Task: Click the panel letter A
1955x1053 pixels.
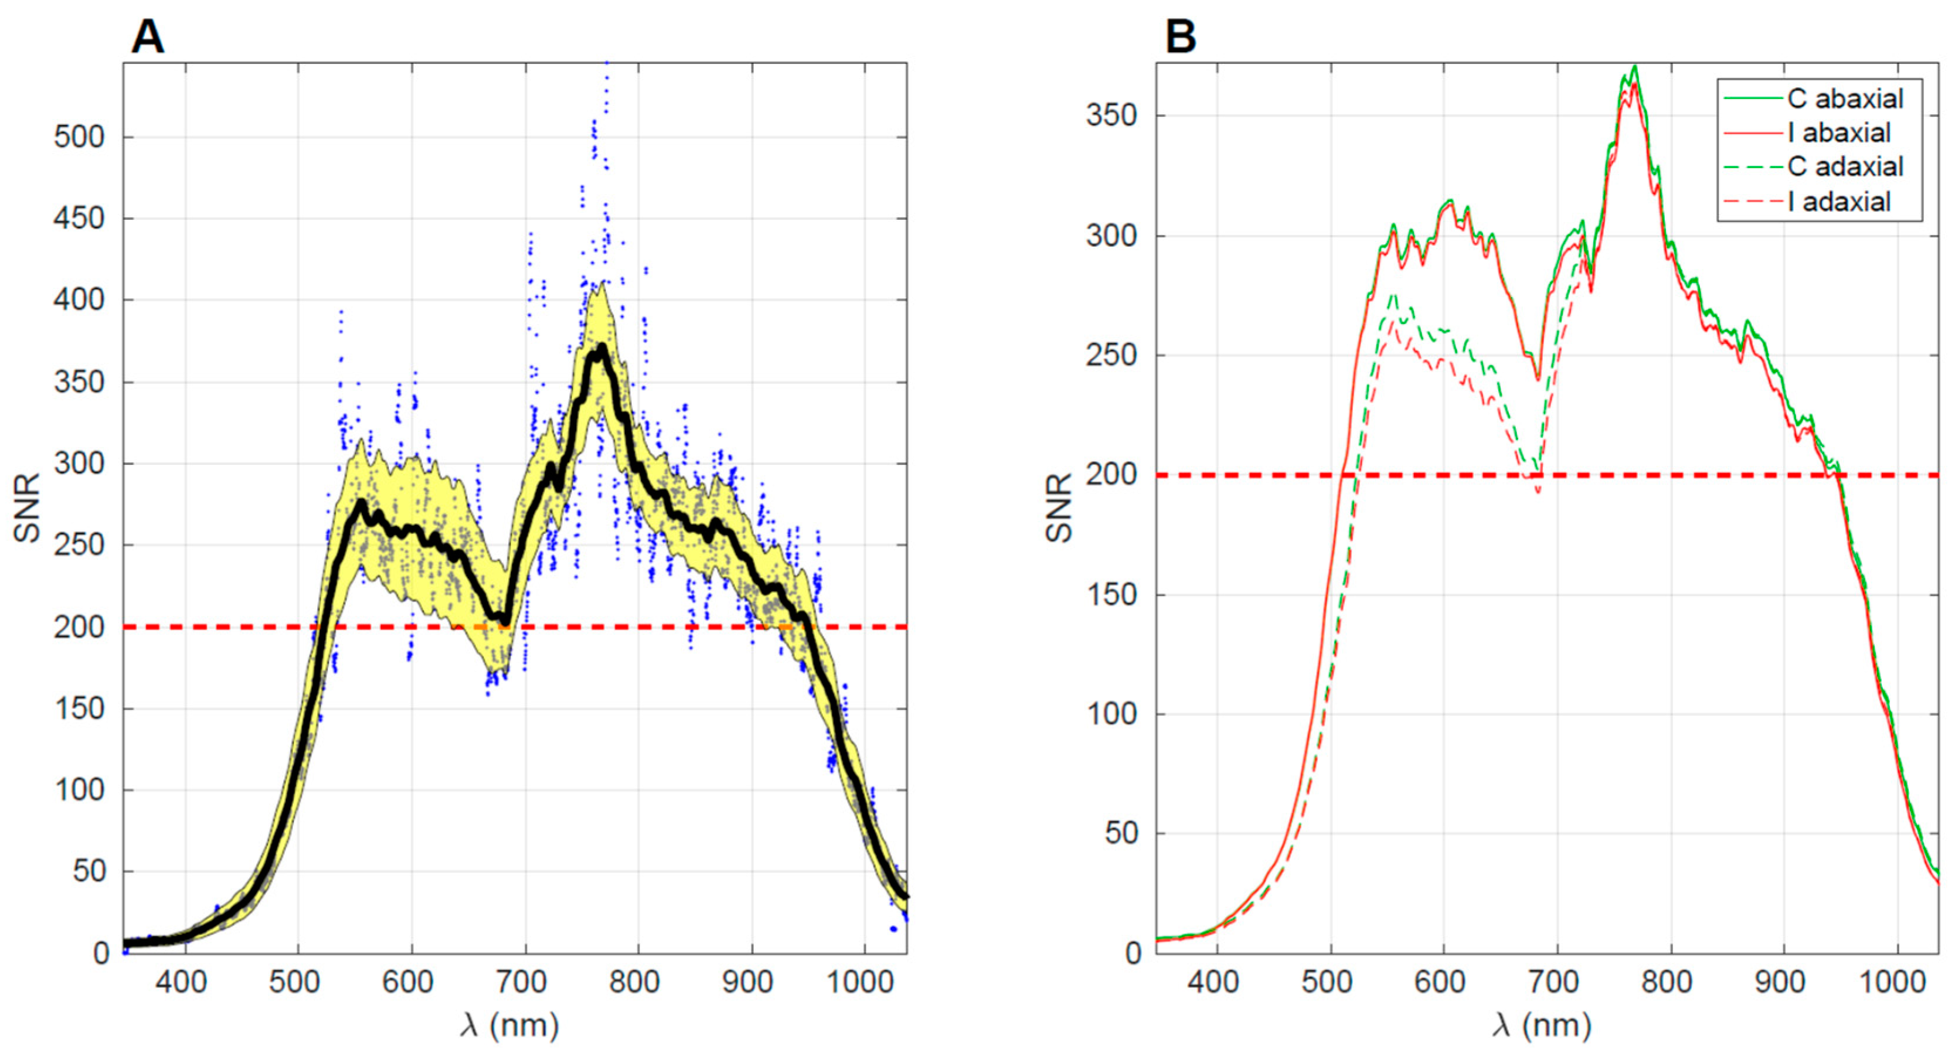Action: (x=147, y=36)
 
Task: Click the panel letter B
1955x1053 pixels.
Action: (x=1181, y=36)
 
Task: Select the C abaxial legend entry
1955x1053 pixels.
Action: (x=1844, y=98)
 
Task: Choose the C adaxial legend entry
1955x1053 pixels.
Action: (x=1844, y=167)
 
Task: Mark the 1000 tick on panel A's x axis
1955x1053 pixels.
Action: (x=859, y=983)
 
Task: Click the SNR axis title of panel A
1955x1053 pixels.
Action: (x=28, y=508)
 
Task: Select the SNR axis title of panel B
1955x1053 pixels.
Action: (x=1059, y=508)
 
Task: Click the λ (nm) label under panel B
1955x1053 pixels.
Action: (x=1542, y=1025)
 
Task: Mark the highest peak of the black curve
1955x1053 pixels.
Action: (x=601, y=347)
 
